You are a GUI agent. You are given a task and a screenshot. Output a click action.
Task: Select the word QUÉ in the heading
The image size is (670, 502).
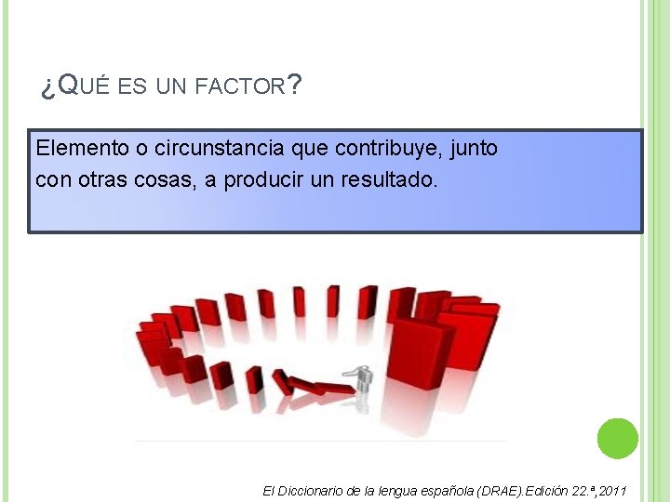tap(84, 87)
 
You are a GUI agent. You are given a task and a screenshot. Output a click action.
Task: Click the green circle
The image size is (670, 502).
tap(617, 438)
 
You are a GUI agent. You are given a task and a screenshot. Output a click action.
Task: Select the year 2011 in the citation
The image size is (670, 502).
tap(611, 490)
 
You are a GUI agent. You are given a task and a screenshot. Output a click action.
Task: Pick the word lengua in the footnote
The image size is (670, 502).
tap(397, 490)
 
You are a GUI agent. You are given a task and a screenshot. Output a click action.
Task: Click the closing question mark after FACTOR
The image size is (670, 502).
tap(294, 86)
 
